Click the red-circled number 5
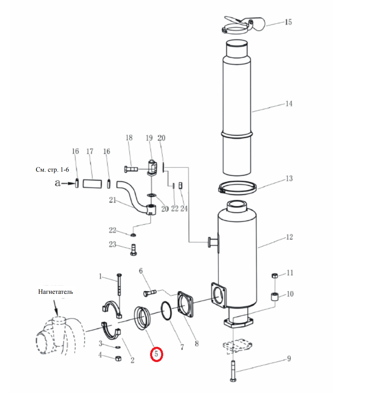click(156, 354)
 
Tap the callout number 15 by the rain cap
click(288, 22)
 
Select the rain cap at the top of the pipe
click(243, 25)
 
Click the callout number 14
click(289, 103)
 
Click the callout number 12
click(289, 237)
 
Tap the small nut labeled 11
click(275, 276)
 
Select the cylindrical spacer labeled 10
click(275, 296)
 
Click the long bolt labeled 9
click(233, 371)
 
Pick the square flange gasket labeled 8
click(186, 305)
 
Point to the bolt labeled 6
click(150, 293)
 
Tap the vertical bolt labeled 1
click(119, 284)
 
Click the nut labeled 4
click(118, 358)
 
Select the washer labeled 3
click(117, 347)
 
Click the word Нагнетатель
click(56, 292)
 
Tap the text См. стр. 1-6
click(52, 170)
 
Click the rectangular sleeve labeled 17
click(92, 184)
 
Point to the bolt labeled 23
click(134, 250)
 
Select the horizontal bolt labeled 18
click(131, 169)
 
